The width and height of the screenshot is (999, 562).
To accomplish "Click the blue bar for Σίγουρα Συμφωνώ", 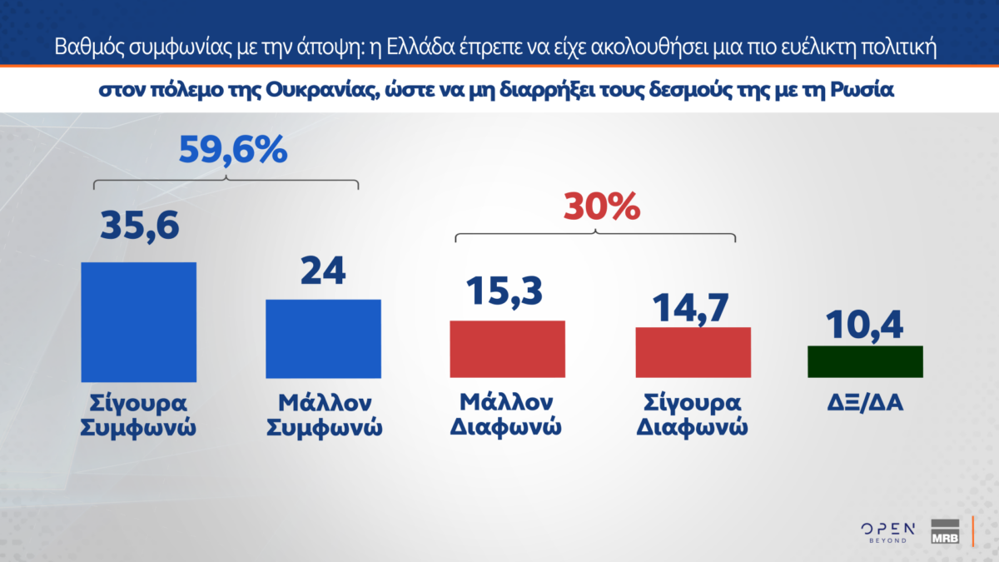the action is pos(139,322).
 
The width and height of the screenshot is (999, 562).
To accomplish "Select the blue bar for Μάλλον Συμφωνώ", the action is pos(323,339).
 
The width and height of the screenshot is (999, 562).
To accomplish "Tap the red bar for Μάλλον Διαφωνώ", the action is pos(508,349).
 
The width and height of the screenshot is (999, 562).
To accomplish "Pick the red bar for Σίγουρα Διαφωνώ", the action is pos(693,352).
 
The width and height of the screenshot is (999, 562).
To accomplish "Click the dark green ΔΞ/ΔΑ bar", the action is pos(865,361).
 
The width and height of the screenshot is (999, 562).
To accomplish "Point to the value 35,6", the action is pos(140,226).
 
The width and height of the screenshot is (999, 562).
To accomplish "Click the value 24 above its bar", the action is pos(323,271).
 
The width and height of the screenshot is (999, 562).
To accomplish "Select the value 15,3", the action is pos(504,291).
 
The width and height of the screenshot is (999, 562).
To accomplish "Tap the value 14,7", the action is pos(691,308).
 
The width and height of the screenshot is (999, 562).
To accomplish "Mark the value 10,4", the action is pos(864,326).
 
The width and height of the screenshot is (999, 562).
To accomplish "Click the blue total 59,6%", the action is pos(233,150).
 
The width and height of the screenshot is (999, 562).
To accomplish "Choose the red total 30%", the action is pos(602,206).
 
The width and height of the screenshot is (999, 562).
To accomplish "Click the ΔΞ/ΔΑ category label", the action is pos(865,403).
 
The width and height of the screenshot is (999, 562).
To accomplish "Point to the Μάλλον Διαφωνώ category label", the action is pos(506,415).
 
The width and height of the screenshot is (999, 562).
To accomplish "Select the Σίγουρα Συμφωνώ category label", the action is pos(138,415).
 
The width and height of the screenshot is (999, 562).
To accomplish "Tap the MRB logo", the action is pos(945,531).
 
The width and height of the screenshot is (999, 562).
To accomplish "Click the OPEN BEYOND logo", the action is pos(888,533).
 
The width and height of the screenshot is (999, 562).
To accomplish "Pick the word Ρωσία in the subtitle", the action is pos(862,90).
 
